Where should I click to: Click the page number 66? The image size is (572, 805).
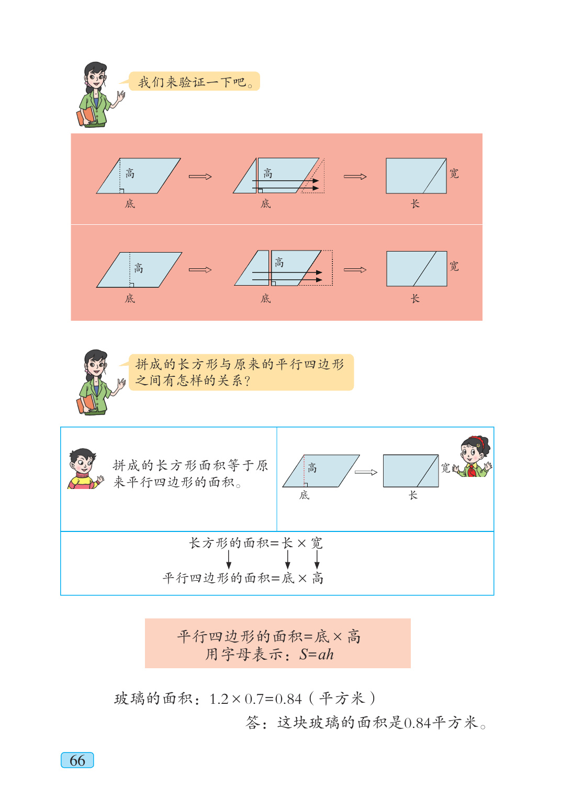click(x=77, y=760)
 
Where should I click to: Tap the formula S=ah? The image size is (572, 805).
click(x=316, y=655)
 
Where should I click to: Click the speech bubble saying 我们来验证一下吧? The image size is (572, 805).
click(x=194, y=82)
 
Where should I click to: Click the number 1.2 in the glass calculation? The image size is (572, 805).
click(x=219, y=699)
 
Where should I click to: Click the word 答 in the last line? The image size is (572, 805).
click(x=253, y=723)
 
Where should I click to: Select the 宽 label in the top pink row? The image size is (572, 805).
click(x=454, y=173)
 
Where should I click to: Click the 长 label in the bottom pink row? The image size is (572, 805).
click(x=415, y=299)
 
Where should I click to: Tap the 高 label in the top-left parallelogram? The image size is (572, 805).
click(x=130, y=173)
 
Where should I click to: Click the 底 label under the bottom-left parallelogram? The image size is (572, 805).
click(x=130, y=299)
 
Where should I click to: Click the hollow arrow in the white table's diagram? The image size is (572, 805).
click(x=366, y=472)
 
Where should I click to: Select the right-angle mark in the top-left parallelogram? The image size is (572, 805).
click(x=121, y=191)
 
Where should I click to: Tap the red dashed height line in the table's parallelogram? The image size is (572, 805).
click(x=304, y=470)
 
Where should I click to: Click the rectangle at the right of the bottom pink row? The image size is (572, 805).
click(x=417, y=269)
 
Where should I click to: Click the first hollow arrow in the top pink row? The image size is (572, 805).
click(x=200, y=177)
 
